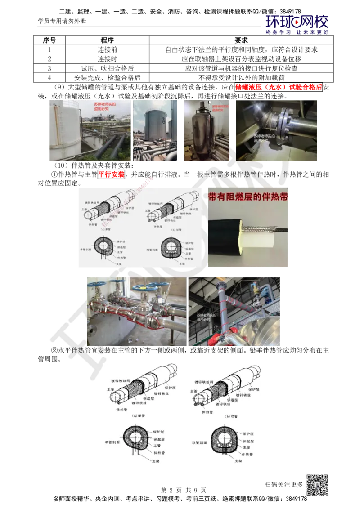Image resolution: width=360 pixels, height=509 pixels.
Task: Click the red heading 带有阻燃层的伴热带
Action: [x=248, y=197]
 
